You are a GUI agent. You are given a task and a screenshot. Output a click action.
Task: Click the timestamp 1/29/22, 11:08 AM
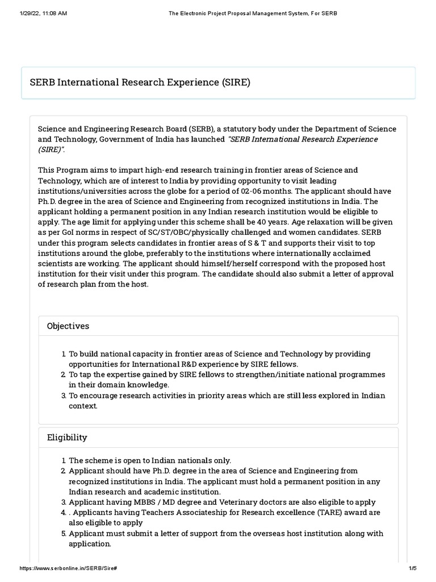point(43,13)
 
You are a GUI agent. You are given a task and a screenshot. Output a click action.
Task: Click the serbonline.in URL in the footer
point(69,568)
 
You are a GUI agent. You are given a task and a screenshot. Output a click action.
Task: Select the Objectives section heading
point(68,326)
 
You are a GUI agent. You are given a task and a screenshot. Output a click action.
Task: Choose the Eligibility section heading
point(67,437)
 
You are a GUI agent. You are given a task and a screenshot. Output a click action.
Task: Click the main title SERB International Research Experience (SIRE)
point(140,83)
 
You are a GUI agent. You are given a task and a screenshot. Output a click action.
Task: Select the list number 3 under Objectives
point(64,396)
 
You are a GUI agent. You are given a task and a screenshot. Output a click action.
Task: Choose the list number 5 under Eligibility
point(64,534)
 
